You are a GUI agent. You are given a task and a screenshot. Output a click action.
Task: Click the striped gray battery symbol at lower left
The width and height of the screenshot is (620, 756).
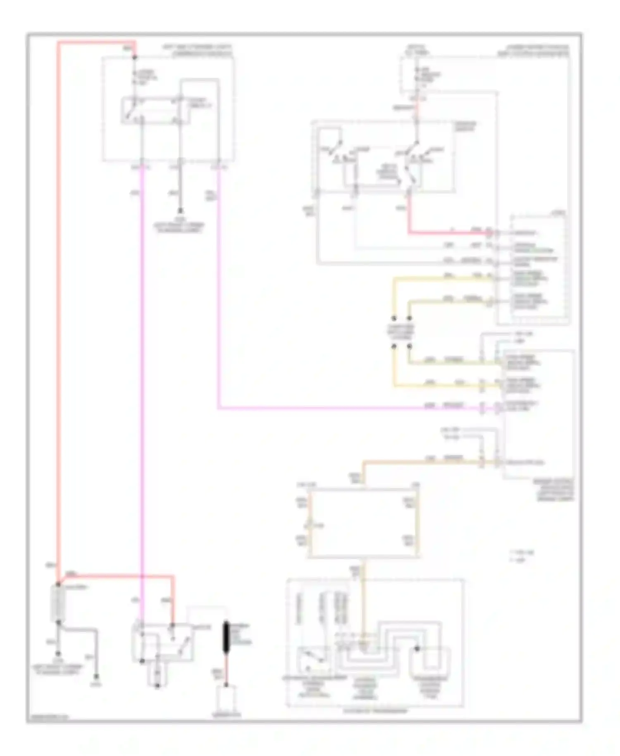coord(58,603)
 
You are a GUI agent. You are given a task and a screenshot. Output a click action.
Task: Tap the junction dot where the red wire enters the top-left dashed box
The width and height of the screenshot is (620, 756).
coord(134,57)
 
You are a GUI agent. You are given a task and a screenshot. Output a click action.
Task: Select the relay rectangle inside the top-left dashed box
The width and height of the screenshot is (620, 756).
coord(156,110)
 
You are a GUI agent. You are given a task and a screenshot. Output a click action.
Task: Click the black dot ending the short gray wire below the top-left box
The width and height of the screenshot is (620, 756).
coord(180,211)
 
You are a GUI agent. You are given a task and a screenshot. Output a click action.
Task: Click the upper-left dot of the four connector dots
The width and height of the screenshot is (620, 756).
coord(394,318)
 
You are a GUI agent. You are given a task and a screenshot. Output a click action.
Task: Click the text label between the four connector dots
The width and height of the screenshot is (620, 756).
coord(401,332)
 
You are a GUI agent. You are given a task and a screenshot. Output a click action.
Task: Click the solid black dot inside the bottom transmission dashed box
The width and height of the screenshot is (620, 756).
coord(417,649)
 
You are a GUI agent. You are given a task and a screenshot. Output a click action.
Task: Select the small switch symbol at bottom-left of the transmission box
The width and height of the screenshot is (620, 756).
coord(308,658)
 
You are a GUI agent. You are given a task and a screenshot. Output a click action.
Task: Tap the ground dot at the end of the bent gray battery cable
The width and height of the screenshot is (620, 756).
coord(96,677)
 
